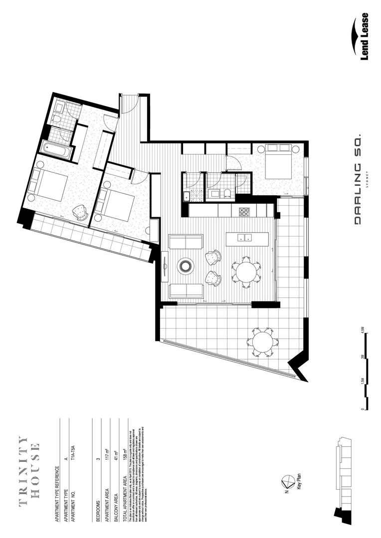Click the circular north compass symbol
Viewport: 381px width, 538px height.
point(288,482)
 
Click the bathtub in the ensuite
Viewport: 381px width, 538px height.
point(57,148)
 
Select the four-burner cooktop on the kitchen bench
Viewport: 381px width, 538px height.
point(244,212)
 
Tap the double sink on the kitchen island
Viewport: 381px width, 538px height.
point(244,238)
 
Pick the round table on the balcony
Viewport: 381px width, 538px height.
point(262,342)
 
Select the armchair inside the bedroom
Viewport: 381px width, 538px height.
point(80,213)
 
